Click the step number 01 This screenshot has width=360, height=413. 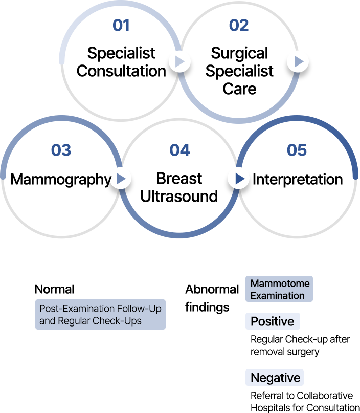(x=121, y=25)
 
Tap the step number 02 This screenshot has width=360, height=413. (x=239, y=25)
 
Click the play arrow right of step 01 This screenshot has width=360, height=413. (x=179, y=62)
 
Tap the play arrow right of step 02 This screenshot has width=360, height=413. (x=298, y=62)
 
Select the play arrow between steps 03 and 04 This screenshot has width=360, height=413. (x=121, y=179)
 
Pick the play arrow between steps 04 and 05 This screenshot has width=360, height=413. (x=238, y=179)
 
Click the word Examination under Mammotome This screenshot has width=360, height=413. (x=277, y=295)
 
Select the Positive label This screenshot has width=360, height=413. (x=272, y=321)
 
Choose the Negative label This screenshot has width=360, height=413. (x=275, y=378)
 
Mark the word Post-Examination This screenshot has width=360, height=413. (x=77, y=309)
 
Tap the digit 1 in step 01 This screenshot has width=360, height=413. (x=125, y=25)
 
